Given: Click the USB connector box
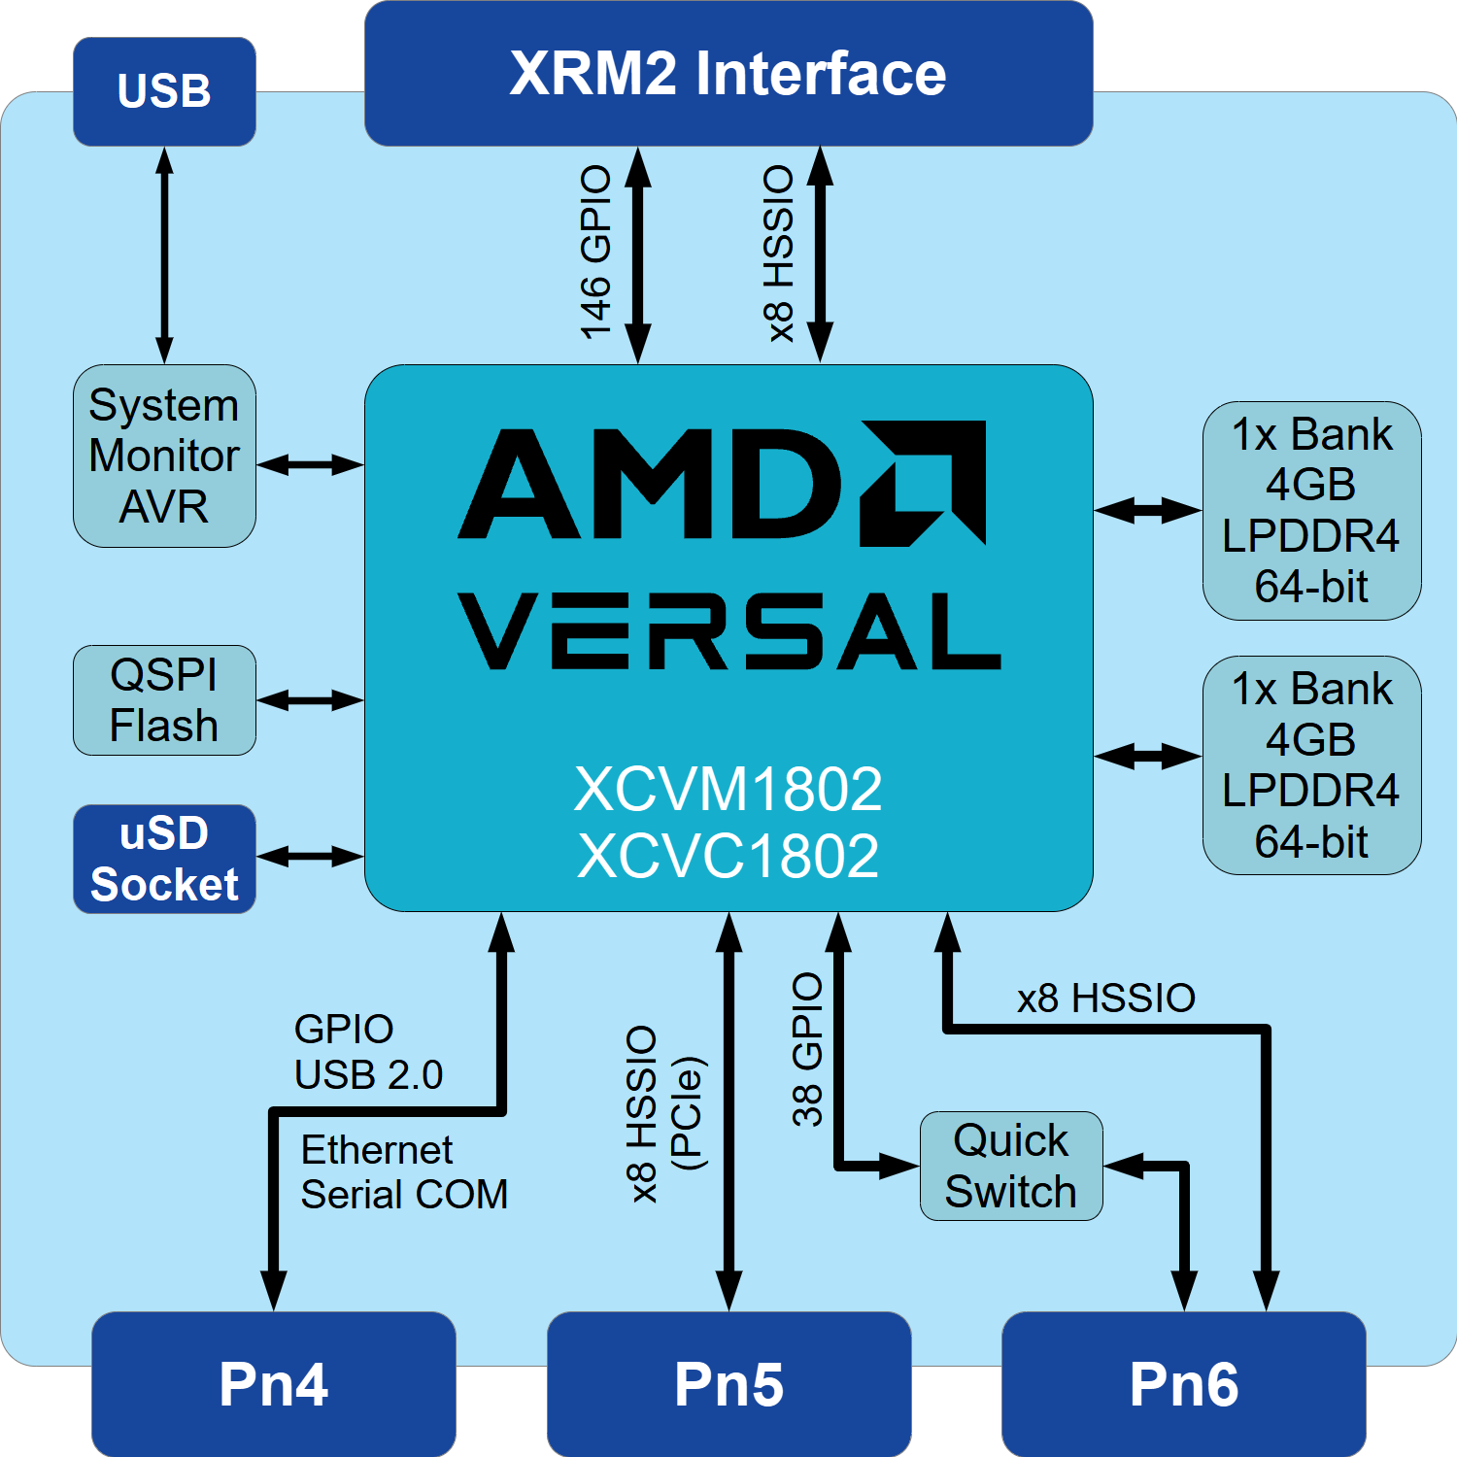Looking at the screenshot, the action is point(164,91).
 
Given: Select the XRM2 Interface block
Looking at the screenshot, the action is point(728,74).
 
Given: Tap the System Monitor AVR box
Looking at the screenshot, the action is point(164,456).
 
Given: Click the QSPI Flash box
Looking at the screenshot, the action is point(164,700).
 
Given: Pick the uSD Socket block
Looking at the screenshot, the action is point(164,859).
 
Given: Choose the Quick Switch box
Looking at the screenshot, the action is point(1011,1166).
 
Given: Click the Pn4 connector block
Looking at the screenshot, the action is point(274,1384).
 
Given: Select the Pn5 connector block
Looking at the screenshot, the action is point(728,1384).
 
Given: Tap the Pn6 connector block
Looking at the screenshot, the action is point(1184,1384).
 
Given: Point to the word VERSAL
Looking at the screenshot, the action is point(729,631).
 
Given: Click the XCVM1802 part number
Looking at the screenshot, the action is point(728,789).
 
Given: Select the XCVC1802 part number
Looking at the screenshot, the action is point(728,856).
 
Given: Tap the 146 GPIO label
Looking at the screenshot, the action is point(595,253).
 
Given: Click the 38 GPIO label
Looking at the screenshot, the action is point(807,1049).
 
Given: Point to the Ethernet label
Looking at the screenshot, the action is point(377,1150).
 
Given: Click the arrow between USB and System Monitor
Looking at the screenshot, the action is point(164,255).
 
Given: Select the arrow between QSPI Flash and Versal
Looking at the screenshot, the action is point(310,699).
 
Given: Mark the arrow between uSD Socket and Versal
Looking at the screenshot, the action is point(310,856).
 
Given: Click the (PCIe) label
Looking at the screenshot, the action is point(688,1113).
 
